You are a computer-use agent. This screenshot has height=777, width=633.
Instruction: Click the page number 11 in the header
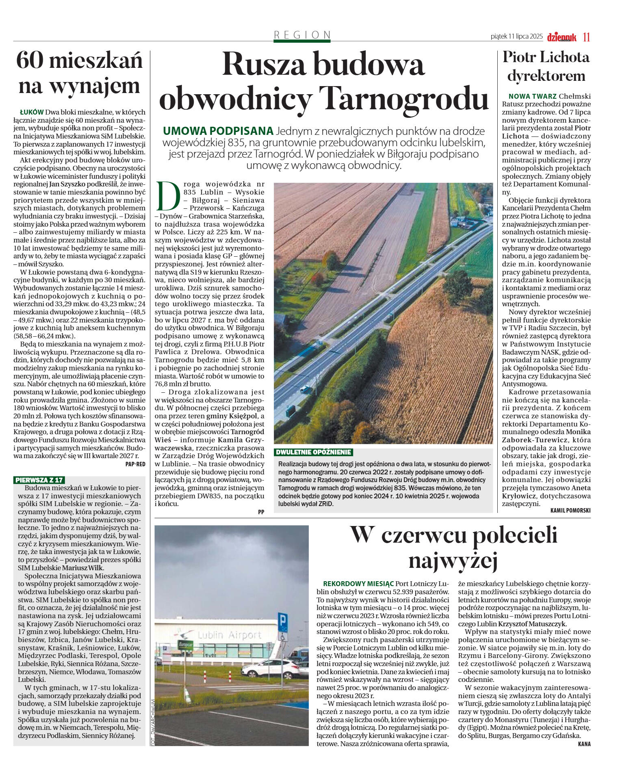(586, 37)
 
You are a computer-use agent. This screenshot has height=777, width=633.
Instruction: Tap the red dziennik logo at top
(561, 37)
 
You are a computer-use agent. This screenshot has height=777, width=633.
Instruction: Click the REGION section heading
(302, 35)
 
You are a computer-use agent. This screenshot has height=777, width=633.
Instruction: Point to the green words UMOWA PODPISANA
(218, 131)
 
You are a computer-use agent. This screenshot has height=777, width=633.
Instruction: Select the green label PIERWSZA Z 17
(39, 480)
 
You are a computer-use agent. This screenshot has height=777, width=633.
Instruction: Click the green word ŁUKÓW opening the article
(31, 112)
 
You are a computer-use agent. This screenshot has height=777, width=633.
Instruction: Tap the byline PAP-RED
(135, 464)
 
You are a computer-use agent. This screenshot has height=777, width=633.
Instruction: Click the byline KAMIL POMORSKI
(570, 510)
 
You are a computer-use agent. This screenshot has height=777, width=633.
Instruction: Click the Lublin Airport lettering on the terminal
(230, 635)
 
